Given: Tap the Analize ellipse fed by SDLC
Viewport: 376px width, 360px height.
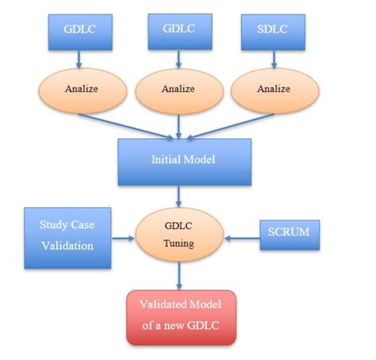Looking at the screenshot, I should pyautogui.click(x=270, y=89).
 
